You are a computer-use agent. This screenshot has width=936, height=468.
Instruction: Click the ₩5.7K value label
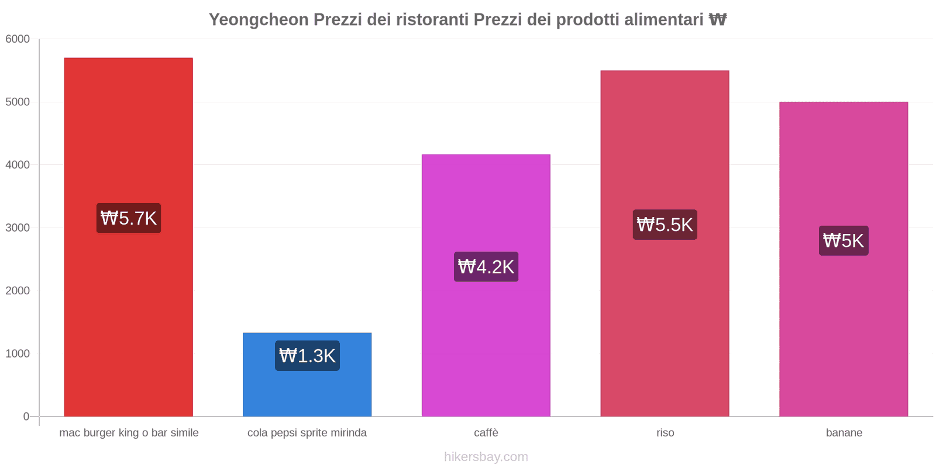(129, 218)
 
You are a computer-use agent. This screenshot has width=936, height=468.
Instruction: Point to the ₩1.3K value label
(307, 356)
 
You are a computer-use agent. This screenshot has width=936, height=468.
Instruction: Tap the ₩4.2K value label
(486, 267)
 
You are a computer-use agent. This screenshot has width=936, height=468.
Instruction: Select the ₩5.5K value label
(665, 225)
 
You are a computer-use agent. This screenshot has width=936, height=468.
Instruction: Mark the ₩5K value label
(844, 240)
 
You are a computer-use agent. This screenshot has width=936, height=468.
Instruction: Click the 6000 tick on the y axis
(18, 39)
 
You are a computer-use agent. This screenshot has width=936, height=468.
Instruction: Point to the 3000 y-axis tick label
(18, 228)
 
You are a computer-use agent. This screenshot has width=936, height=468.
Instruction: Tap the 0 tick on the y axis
(26, 417)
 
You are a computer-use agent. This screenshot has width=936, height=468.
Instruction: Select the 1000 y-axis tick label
(18, 354)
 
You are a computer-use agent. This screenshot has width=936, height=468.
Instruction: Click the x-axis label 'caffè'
(486, 433)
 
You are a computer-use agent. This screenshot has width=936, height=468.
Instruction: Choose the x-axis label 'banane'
(844, 433)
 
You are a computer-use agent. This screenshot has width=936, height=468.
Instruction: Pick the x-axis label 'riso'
(665, 433)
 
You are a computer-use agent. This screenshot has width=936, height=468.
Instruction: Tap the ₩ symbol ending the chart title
(717, 20)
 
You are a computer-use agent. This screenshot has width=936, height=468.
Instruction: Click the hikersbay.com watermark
(486, 457)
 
